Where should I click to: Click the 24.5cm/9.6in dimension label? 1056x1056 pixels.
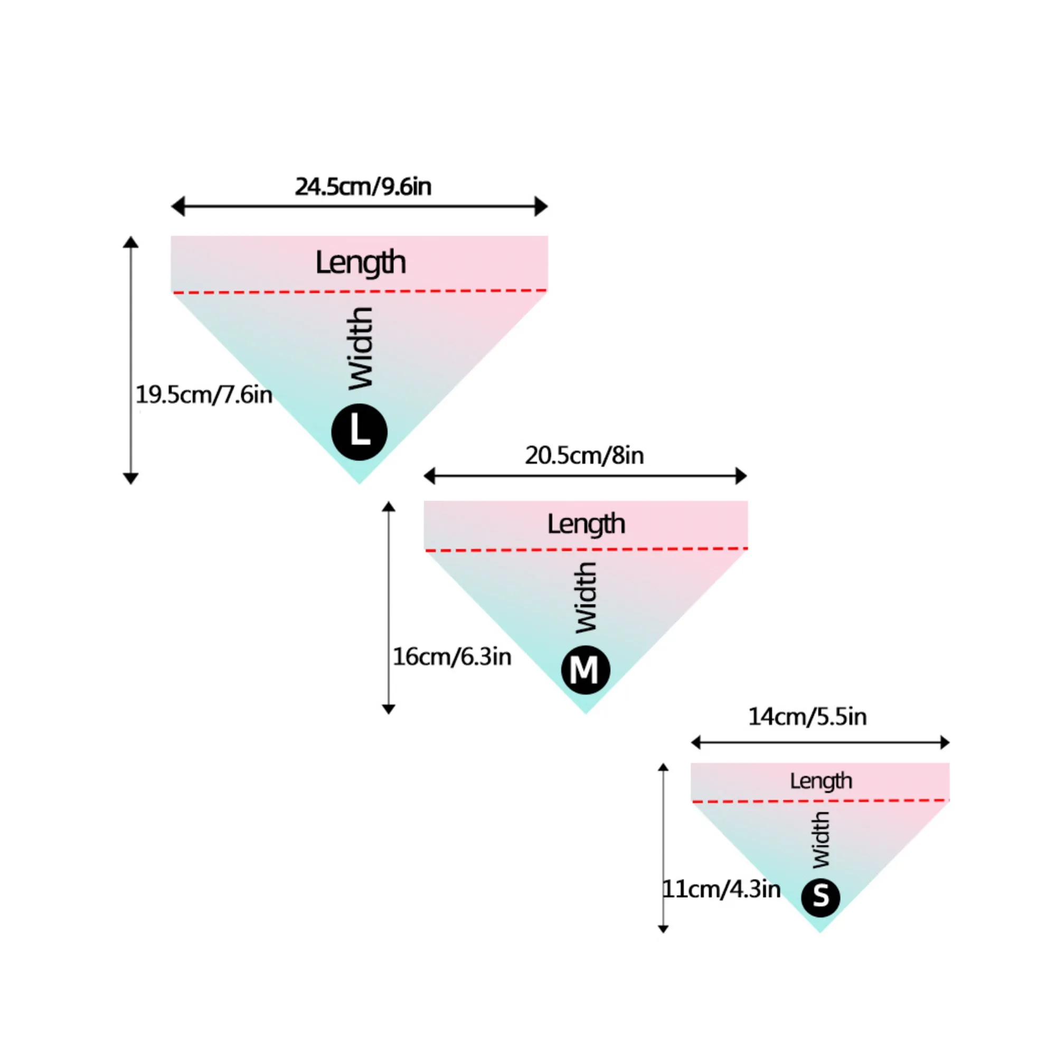point(363,187)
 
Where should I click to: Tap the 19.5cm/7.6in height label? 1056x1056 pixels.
point(204,394)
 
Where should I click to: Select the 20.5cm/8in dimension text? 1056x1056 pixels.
point(584,455)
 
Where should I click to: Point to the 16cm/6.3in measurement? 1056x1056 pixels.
point(452,656)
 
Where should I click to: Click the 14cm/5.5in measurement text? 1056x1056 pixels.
point(807,716)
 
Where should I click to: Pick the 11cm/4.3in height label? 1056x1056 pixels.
point(721,889)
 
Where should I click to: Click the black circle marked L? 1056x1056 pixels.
point(360,432)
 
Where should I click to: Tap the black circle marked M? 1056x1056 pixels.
point(586,670)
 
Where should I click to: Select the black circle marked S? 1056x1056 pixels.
point(821,898)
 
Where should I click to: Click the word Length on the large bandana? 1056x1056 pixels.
point(361,263)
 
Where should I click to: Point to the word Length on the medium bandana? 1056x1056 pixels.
point(587,524)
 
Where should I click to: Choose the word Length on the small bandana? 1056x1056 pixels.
point(821,781)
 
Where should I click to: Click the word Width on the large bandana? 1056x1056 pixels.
point(361,348)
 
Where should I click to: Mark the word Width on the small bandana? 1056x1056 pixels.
point(821,840)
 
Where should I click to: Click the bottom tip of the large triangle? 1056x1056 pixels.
point(359,484)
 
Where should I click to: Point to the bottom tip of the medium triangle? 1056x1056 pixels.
point(586,714)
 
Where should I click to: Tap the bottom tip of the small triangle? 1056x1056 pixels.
point(820,932)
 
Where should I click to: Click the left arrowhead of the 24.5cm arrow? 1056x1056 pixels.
point(177,206)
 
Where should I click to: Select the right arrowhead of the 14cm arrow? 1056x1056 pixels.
point(945,742)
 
